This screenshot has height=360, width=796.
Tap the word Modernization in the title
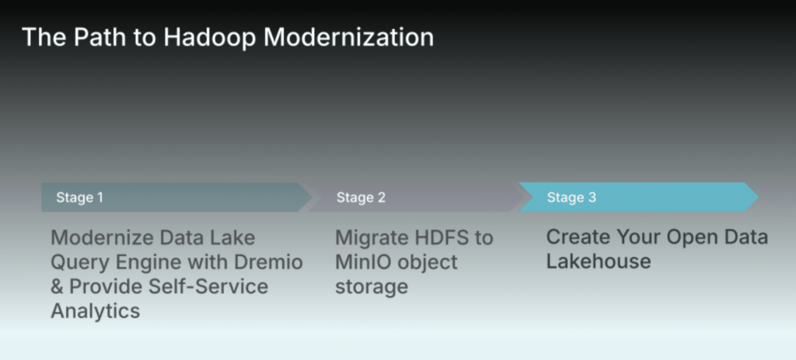pos(347,37)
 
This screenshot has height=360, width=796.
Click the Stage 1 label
pos(80,197)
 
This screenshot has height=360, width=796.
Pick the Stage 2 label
pos(361,197)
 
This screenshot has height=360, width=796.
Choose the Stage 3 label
pos(571,197)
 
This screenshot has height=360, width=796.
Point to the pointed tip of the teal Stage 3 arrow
pos(759,197)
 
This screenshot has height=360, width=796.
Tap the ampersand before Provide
pos(57,286)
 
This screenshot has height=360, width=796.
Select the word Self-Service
pos(208,286)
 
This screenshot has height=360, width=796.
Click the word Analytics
pos(96,311)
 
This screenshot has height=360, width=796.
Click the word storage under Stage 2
pos(372,287)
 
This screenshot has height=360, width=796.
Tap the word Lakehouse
pos(599,261)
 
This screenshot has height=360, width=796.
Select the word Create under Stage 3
pos(577,237)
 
